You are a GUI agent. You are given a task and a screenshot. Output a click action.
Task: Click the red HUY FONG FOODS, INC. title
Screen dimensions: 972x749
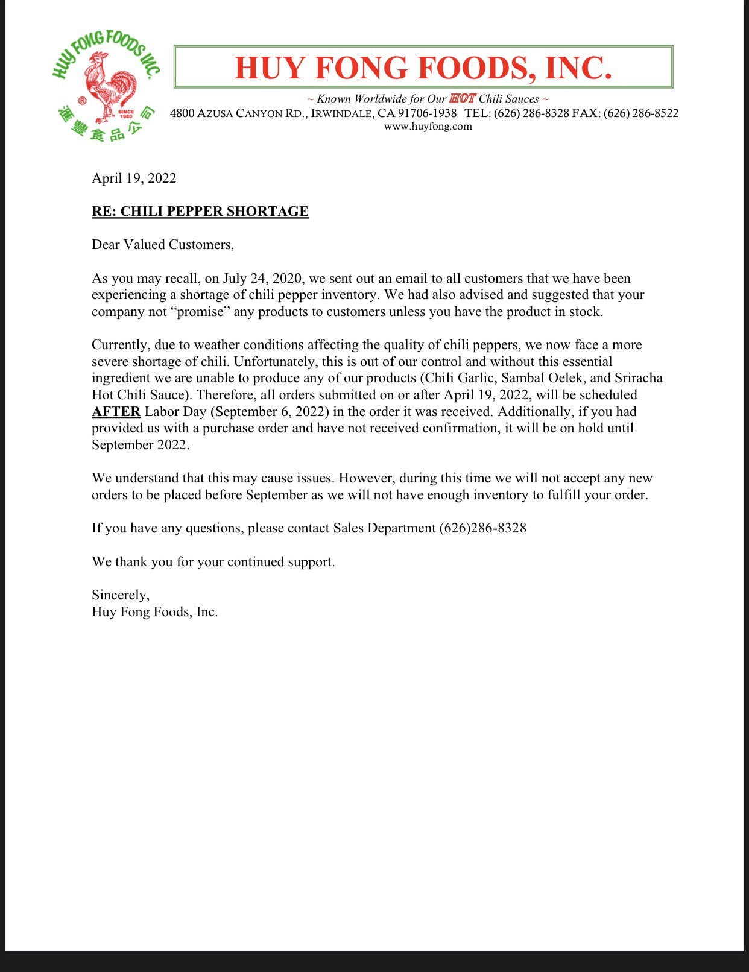point(423,67)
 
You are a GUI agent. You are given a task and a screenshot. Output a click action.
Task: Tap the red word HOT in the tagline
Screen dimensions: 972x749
point(463,98)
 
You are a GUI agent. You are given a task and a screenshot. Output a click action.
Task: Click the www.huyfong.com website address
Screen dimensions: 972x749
point(428,127)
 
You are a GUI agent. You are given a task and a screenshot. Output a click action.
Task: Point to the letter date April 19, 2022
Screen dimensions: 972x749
point(134,178)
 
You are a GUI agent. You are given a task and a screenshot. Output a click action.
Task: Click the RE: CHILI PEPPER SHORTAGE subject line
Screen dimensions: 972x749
point(200,211)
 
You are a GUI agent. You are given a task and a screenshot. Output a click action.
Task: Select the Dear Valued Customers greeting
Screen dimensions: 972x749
point(163,244)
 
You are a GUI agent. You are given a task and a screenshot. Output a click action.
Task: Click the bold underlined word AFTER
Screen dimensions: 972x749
point(116,412)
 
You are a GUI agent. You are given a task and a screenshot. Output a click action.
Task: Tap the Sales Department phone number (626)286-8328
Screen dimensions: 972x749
point(482,528)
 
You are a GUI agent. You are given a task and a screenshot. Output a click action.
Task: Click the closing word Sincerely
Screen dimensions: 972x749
point(120,595)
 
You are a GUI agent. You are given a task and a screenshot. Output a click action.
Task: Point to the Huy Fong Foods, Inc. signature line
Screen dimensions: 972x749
point(154,612)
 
